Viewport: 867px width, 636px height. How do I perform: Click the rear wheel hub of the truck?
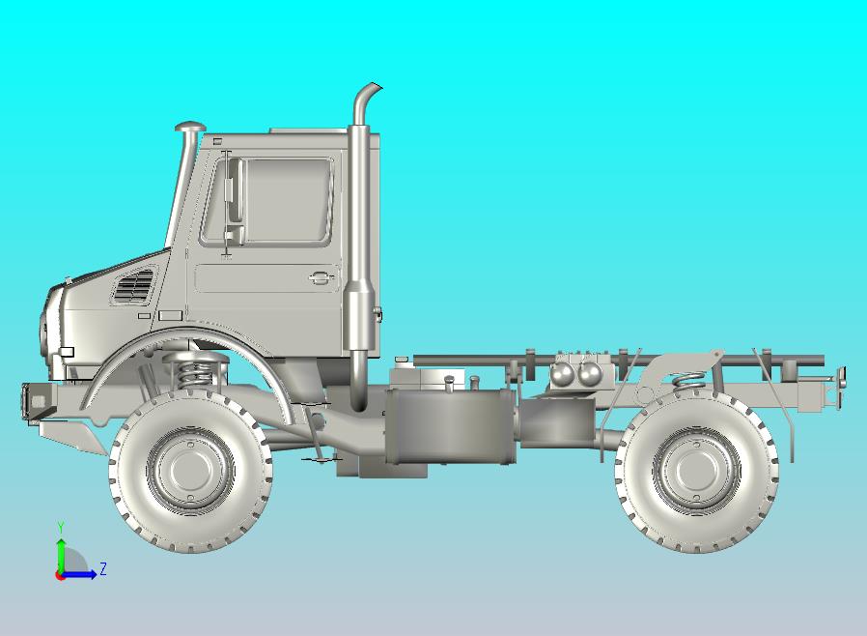[696, 470]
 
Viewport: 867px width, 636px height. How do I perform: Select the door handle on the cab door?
[318, 278]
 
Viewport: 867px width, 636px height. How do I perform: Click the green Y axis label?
[61, 527]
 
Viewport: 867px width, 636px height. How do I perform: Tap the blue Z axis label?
[102, 569]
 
